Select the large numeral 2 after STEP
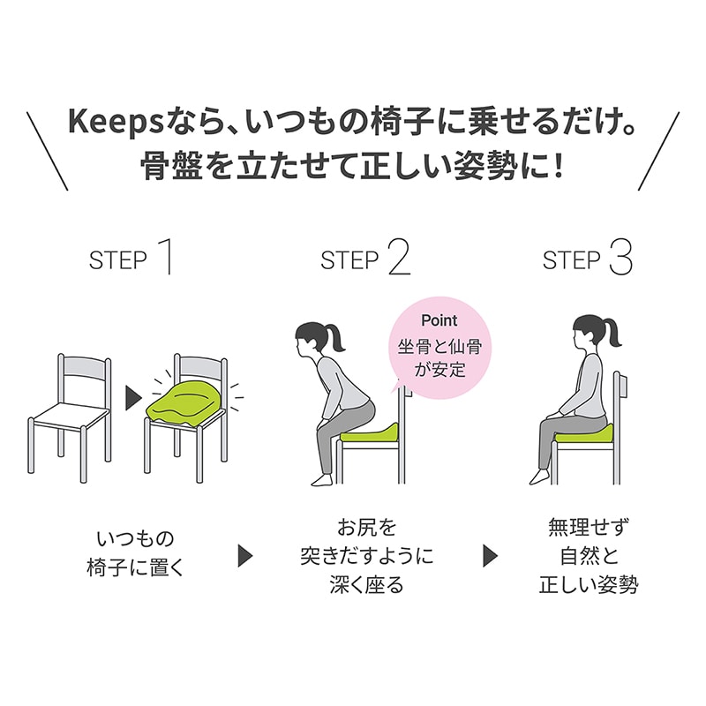(399, 258)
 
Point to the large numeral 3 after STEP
(620, 258)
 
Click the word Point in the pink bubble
(439, 320)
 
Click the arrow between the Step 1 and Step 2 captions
(245, 556)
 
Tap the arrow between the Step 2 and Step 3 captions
(491, 556)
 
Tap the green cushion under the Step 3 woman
(584, 433)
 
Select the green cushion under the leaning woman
(369, 432)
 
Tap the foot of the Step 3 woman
(540, 477)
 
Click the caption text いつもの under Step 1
(135, 538)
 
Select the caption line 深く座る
(366, 585)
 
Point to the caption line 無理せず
(588, 527)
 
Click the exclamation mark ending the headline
(558, 165)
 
